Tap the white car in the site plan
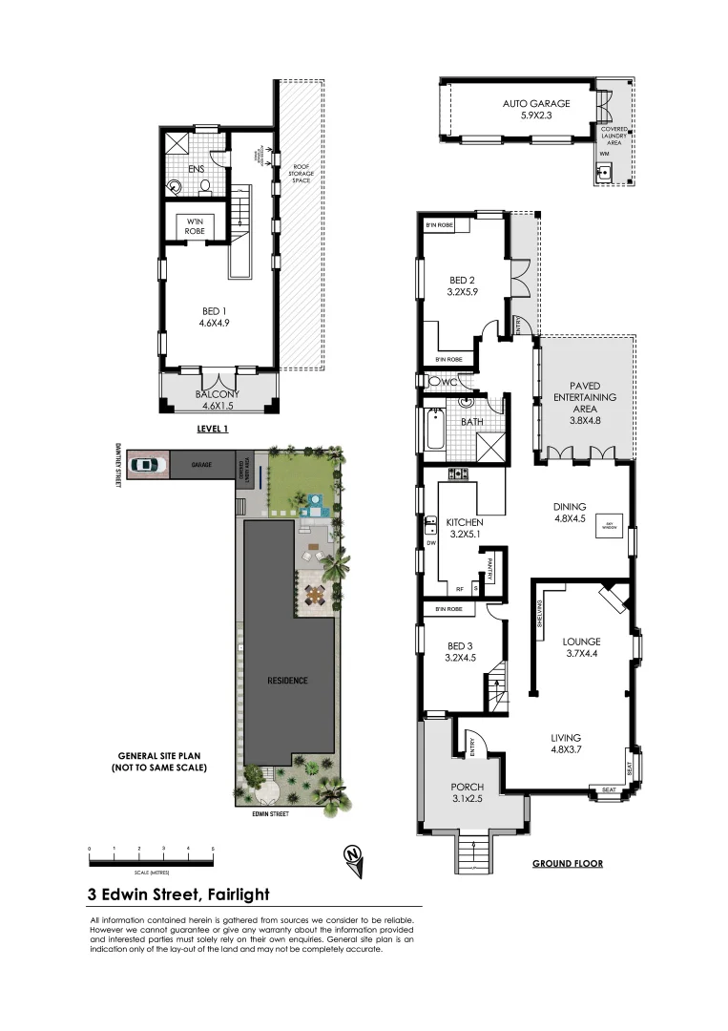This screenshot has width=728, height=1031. point(143,465)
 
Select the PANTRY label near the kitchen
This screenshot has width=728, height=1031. point(490,571)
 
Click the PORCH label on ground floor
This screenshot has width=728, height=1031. point(468,789)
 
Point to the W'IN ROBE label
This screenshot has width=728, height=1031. point(195,225)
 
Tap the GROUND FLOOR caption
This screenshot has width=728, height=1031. point(567,864)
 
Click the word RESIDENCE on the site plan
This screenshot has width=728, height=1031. point(287,681)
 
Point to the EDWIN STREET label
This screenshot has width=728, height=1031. point(263,814)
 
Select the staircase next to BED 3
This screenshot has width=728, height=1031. point(497,688)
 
